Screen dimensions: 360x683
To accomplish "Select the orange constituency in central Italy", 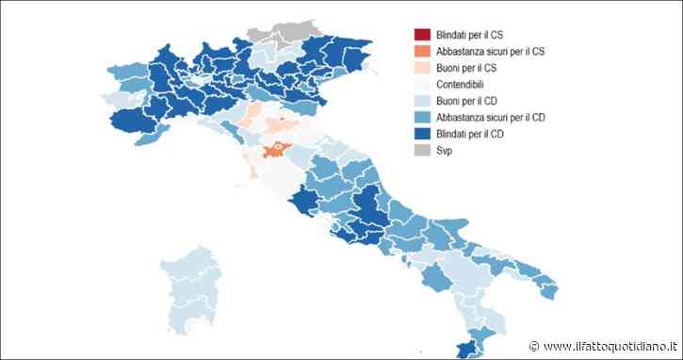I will pos(276,148).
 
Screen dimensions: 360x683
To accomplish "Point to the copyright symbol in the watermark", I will pos(534,346).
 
